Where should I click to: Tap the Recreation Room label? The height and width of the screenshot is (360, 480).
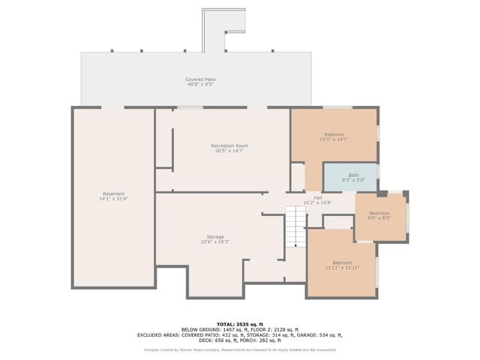tap(229, 145)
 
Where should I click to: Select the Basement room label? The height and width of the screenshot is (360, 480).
tap(114, 193)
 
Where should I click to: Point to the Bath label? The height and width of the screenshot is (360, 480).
tap(353, 175)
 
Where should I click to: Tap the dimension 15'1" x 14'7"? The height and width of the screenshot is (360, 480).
tap(334, 139)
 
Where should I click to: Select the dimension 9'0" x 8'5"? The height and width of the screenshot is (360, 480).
tap(379, 219)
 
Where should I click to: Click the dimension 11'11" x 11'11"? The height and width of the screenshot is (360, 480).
tap(342, 268)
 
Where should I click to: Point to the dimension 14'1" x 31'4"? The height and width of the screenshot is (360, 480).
tap(114, 199)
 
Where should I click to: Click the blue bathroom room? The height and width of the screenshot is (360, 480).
tap(350, 178)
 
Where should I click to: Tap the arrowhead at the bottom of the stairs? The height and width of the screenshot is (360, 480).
tap(296, 244)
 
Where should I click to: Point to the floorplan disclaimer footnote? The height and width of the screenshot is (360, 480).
tap(240, 349)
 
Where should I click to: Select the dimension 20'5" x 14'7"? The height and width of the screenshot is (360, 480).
tap(229, 151)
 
